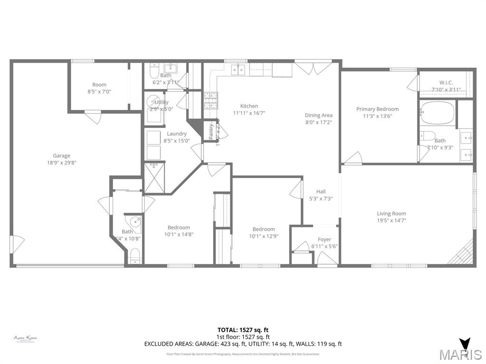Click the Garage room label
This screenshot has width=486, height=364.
pyautogui.click(x=61, y=155)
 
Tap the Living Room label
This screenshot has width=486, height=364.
pyautogui.click(x=392, y=213)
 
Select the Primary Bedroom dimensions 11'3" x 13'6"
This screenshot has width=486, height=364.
pyautogui.click(x=377, y=116)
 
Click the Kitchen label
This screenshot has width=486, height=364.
pyautogui.click(x=249, y=106)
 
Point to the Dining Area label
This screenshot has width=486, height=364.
pyautogui.click(x=318, y=115)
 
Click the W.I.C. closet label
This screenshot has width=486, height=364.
pyautogui.click(x=446, y=82)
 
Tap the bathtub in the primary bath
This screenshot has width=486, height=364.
pyautogui.click(x=437, y=113)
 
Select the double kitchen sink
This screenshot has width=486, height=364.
pyautogui.click(x=238, y=70)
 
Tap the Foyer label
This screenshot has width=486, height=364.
pyautogui.click(x=324, y=239)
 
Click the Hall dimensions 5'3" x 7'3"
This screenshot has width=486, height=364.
pyautogui.click(x=321, y=199)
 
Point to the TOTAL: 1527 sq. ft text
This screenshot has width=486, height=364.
pyautogui.click(x=243, y=330)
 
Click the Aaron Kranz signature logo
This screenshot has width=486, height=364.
pyautogui.click(x=25, y=338)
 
